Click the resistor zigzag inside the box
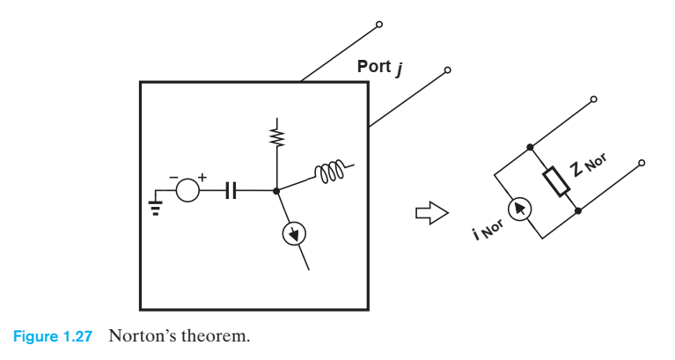pos(277,136)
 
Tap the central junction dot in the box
pos(277,189)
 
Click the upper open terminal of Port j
pos(378,24)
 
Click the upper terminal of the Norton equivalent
pos(594,99)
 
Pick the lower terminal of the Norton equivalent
pos(642,163)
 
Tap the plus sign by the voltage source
pos(202,178)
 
